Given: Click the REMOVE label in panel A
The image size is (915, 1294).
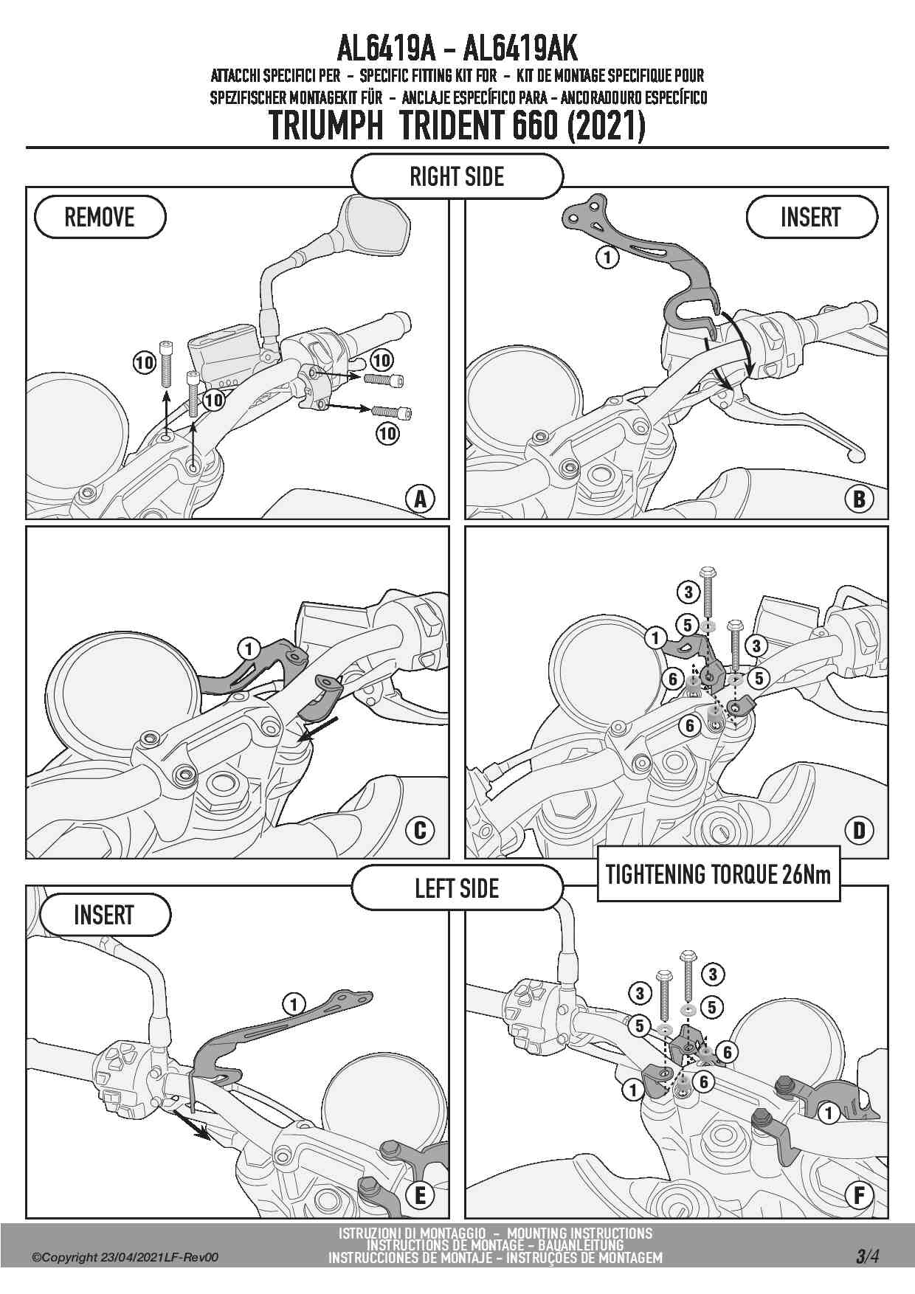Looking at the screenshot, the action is pos(100,217).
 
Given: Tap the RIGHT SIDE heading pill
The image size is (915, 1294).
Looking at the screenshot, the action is pos(457,176).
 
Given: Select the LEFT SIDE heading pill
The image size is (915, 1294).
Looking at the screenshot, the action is pos(457,888).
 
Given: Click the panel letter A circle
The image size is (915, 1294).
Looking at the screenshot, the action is pos(420,499).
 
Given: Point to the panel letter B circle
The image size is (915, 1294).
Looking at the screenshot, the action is pos(859,499).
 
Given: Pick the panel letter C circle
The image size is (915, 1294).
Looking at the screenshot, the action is pos(420,831).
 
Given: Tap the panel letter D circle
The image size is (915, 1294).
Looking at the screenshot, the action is pos(859,831).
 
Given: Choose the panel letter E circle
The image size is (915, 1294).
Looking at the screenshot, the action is pos(420,1195).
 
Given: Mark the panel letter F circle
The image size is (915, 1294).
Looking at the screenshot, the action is pos(859,1195).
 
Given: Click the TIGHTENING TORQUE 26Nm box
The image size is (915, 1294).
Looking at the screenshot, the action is pos(718,875).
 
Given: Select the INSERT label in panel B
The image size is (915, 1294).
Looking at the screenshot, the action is pos(812,217).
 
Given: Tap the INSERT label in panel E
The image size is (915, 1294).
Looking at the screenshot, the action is pos(104,915).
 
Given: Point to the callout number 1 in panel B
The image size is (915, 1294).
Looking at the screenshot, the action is pos(607,257).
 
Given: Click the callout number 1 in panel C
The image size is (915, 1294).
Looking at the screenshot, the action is pos(249,649).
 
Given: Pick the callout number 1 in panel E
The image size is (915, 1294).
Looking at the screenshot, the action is pos(294,1004).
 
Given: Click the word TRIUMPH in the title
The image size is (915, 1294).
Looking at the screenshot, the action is pos(326,125).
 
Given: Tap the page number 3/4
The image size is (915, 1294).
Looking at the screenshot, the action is pos(867,1256).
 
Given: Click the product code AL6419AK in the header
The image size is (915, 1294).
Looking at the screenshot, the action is pos(519,49).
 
